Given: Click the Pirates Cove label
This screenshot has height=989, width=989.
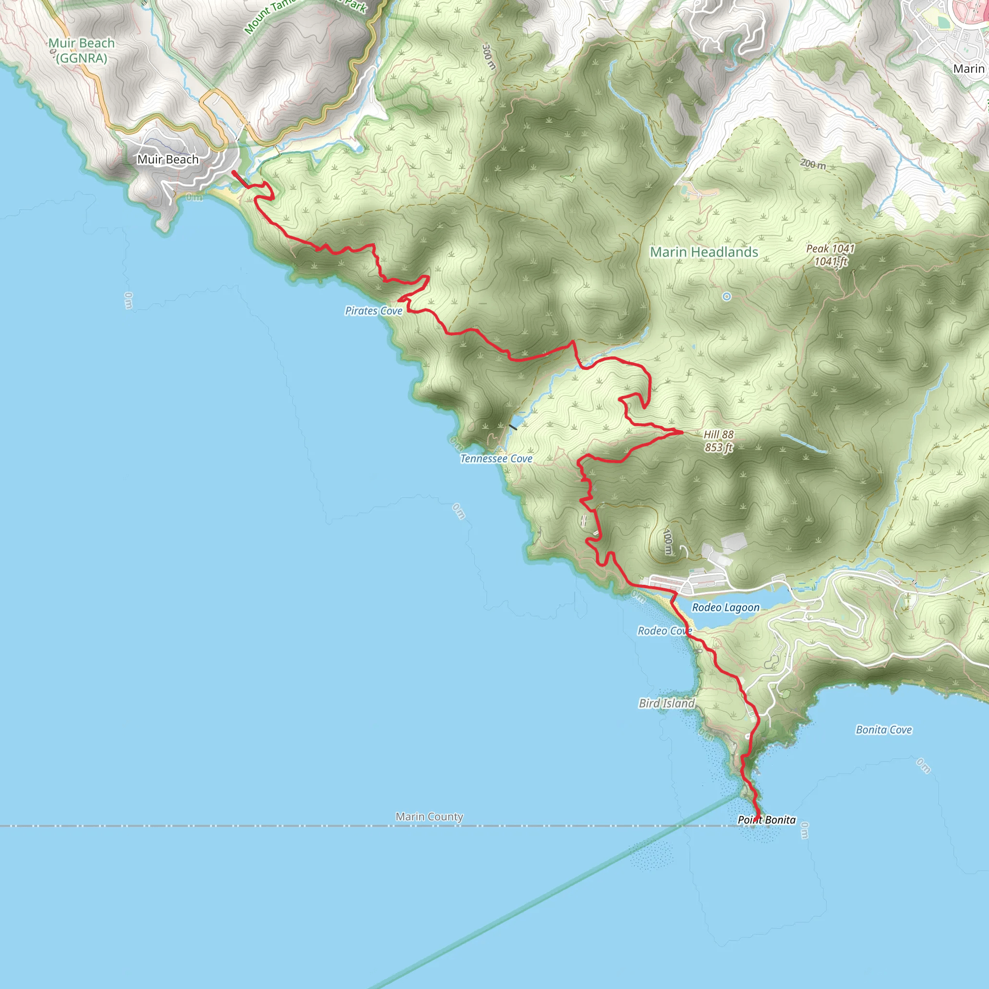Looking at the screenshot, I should point(374,311).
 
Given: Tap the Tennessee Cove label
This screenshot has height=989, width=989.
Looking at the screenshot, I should point(496,459).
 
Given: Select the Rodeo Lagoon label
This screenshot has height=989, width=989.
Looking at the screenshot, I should point(725,608).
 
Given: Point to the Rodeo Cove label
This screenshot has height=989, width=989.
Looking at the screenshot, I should point(664,631).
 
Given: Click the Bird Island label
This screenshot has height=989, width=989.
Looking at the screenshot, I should point(666,703).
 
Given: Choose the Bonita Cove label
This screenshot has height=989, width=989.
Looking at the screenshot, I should point(884,730).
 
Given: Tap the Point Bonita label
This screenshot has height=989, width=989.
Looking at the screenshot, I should point(766,819).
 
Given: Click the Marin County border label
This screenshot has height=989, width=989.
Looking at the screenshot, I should point(429,817).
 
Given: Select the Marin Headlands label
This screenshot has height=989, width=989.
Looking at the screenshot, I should point(704,252).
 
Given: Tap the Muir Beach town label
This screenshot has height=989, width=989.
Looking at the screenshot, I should point(168,159).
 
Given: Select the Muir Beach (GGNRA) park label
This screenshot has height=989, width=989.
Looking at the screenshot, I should point(82,51).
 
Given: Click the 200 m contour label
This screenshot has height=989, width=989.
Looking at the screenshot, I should point(813,164).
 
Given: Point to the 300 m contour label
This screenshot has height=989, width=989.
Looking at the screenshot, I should point(489,57).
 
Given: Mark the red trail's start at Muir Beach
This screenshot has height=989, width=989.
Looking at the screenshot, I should point(234,173).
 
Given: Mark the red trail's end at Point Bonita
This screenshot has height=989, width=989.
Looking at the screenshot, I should point(756,820).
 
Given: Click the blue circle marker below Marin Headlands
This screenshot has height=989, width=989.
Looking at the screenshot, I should point(726,297).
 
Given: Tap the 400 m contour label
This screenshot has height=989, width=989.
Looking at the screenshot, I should point(667,542).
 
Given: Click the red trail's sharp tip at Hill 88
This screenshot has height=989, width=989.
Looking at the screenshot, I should point(682,432).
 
